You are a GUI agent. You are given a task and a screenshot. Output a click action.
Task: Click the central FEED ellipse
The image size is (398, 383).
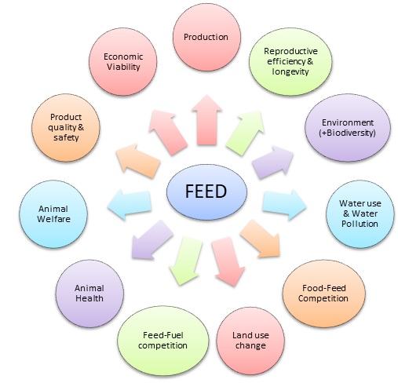pyautogui.click(x=206, y=191)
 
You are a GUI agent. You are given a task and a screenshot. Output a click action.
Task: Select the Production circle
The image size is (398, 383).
pyautogui.click(x=206, y=37)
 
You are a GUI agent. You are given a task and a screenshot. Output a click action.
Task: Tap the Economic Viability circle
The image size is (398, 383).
pyautogui.click(x=123, y=62)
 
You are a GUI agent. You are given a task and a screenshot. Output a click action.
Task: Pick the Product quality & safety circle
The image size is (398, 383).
pyautogui.click(x=66, y=128)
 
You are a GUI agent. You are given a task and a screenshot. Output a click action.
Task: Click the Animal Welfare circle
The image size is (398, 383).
pyautogui.click(x=53, y=214)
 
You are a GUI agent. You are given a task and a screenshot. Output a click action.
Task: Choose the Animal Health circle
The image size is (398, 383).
pyautogui.click(x=89, y=294)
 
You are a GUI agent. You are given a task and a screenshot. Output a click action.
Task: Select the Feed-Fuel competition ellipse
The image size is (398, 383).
pyautogui.click(x=163, y=341)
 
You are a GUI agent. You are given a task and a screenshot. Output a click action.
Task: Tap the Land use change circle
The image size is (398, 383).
pyautogui.click(x=250, y=341)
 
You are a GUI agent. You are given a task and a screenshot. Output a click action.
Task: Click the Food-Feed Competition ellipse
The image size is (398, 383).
pyautogui.click(x=323, y=294)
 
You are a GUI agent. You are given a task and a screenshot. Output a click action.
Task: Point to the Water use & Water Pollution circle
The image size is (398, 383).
pyautogui.click(x=360, y=213)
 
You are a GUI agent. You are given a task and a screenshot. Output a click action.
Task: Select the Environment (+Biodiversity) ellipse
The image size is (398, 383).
pyautogui.click(x=348, y=128)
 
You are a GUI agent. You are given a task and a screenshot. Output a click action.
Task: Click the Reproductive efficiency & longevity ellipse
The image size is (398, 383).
pyautogui.click(x=290, y=61)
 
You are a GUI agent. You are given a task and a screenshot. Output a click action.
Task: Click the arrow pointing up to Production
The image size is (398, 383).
pyautogui.click(x=206, y=120)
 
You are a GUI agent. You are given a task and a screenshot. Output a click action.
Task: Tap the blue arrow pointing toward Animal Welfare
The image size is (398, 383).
pyautogui.click(x=130, y=205)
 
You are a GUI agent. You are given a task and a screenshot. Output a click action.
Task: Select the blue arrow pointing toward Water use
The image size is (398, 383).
pyautogui.click(x=284, y=205)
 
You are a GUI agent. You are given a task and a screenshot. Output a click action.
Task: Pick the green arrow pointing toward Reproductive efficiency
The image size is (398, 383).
pyautogui.click(x=245, y=133)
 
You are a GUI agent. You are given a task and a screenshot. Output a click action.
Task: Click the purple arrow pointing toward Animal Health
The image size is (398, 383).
pyautogui.click(x=152, y=240)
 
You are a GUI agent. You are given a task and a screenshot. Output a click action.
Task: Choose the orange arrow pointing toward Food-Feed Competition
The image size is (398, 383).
pyautogui.click(x=261, y=239)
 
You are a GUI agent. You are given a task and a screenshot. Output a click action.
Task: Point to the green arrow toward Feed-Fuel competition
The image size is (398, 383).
pyautogui.click(x=186, y=261)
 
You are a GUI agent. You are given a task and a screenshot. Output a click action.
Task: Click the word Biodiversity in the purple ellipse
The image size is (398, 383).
pyautogui.click(x=349, y=133)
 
